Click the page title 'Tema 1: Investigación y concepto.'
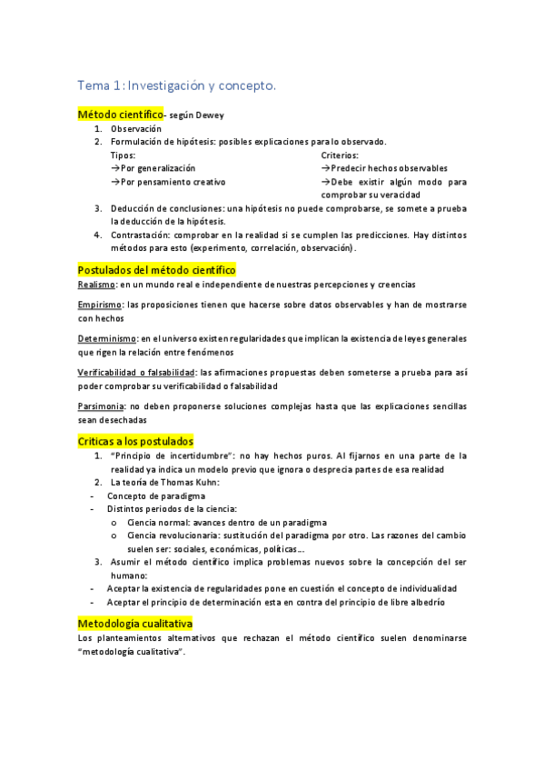click(x=176, y=85)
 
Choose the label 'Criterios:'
click(x=340, y=155)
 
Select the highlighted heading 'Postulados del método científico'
click(x=156, y=270)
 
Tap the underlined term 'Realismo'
click(x=96, y=285)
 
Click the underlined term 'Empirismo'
click(x=100, y=305)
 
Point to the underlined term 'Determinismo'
click(x=107, y=338)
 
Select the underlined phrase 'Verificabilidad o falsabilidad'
click(x=136, y=371)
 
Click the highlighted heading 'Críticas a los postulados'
click(x=135, y=441)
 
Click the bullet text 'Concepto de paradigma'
click(x=156, y=496)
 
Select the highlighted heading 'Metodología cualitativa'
click(x=135, y=624)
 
